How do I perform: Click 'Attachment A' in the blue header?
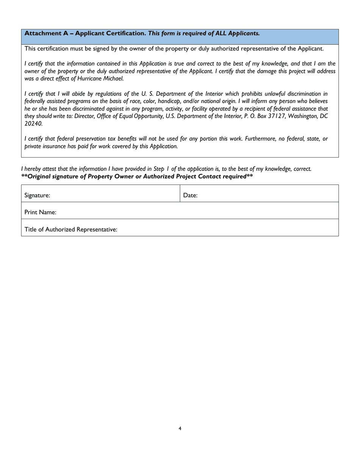click(x=48, y=33)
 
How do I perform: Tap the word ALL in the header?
click(x=223, y=33)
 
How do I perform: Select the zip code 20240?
click(x=33, y=123)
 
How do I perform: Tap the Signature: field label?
click(x=37, y=195)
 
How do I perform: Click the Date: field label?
click(x=190, y=195)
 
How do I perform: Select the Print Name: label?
click(x=41, y=213)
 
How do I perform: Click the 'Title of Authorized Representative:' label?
click(x=71, y=230)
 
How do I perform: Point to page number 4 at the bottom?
click(x=180, y=429)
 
